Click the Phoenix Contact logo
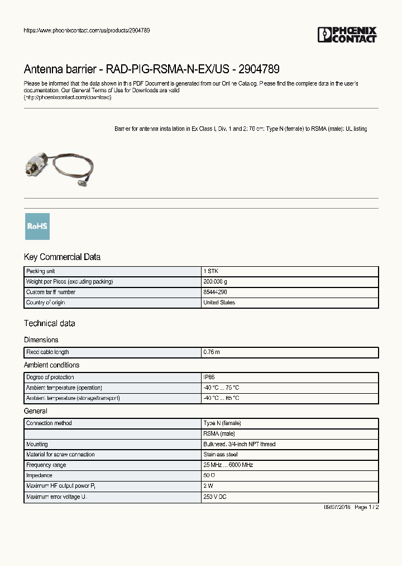(347, 35)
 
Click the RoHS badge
(37, 227)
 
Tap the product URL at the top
(87, 30)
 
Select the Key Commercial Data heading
(62, 257)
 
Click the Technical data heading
(49, 323)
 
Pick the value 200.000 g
(216, 282)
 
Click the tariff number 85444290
(215, 293)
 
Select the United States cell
(219, 303)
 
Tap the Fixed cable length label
(47, 352)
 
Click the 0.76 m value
(212, 352)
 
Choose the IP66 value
(209, 378)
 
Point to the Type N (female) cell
(222, 423)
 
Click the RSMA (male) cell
(219, 433)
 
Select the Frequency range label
(46, 465)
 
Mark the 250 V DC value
(215, 497)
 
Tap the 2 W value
(209, 487)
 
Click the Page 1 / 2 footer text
(367, 507)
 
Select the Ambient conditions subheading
(51, 365)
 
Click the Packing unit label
(41, 271)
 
